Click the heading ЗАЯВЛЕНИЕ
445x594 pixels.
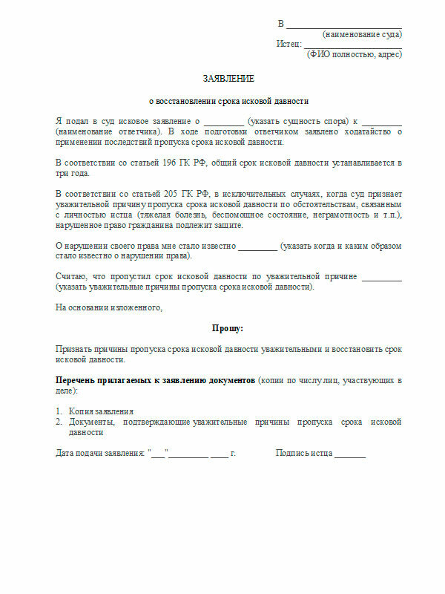pos(228,79)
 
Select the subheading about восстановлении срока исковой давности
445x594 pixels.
pos(228,101)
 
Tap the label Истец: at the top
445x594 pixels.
pos(289,44)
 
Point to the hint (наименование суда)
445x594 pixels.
pos(362,34)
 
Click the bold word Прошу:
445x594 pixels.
pos(228,327)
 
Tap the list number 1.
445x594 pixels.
pos(59,411)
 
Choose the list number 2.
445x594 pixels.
pos(59,422)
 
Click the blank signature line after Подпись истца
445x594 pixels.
pos(349,454)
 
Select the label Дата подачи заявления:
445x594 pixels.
pos(101,453)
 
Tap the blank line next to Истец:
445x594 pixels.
pos(352,45)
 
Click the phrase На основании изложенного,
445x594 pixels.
pos(108,306)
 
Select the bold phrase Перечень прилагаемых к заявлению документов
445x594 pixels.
pos(155,379)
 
